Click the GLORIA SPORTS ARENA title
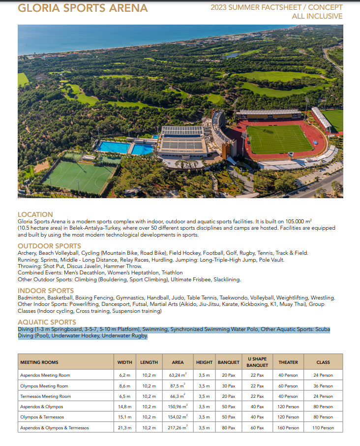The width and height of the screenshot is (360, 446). pos(83,8)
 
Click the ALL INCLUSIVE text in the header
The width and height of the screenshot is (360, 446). pos(317,16)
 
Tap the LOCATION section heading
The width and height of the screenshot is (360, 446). pos(35,214)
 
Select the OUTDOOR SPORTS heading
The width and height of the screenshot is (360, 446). pos(49,246)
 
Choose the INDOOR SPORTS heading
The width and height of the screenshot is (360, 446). pos(46,291)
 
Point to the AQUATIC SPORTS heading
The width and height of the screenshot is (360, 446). pos(47,322)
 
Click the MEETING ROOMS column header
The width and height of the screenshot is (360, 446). pos(39,362)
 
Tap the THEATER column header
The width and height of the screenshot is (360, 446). pos(288,362)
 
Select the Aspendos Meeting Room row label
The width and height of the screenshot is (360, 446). pos(45,375)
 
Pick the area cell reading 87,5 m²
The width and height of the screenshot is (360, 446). pos(178,386)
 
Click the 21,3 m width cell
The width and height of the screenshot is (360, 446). pos(125,428)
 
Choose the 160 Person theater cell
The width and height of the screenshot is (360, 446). pos(288,428)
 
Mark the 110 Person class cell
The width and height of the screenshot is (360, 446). pos(323,428)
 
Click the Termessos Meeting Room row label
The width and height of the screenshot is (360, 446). pos(45,396)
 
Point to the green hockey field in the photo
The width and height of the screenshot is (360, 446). pos(79,176)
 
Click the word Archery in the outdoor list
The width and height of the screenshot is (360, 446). pos(27,253)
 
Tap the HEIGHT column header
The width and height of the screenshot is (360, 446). pos(204,362)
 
